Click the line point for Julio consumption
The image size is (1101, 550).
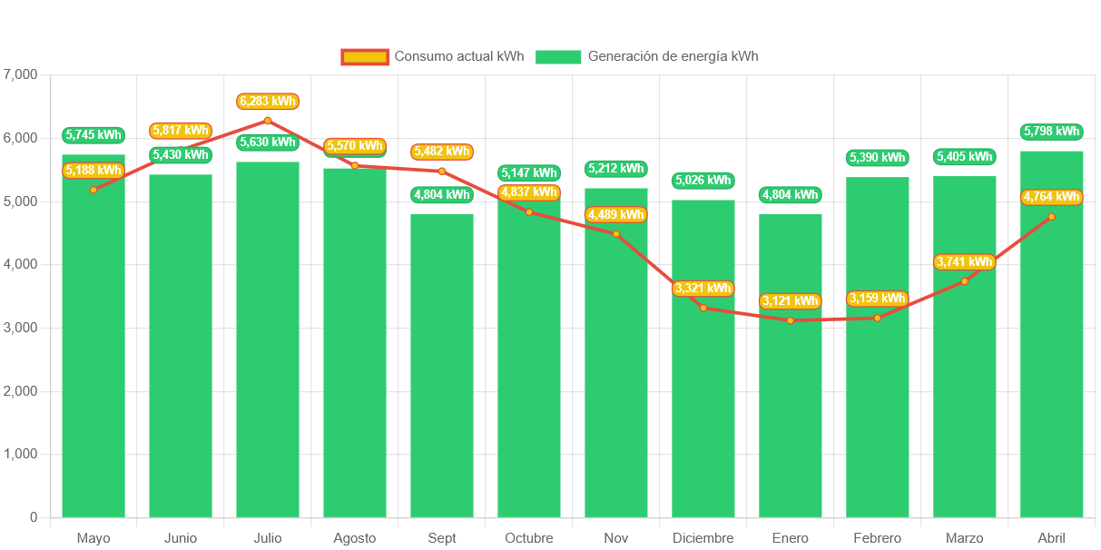click(x=268, y=121)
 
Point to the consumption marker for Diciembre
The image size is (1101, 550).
click(x=703, y=308)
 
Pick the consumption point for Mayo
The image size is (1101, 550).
click(x=93, y=190)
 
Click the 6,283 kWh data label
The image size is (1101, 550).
click(x=268, y=101)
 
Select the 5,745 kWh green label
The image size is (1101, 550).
click(x=93, y=135)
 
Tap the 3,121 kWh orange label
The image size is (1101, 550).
click(x=791, y=300)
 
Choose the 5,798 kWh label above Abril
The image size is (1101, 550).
click(x=1051, y=132)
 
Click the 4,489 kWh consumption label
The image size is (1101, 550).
click(x=616, y=214)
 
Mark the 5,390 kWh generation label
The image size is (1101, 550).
click(x=878, y=157)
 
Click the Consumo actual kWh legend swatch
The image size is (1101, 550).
click(x=365, y=56)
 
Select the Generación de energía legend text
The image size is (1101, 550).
click(x=673, y=56)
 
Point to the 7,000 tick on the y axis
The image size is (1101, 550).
click(x=21, y=74)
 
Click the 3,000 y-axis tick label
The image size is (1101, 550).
click(x=21, y=327)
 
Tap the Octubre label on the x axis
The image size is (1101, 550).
click(x=529, y=538)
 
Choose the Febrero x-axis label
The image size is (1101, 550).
click(x=878, y=538)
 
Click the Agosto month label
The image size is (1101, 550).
click(x=355, y=538)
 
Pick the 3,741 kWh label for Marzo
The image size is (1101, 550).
click(x=964, y=261)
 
